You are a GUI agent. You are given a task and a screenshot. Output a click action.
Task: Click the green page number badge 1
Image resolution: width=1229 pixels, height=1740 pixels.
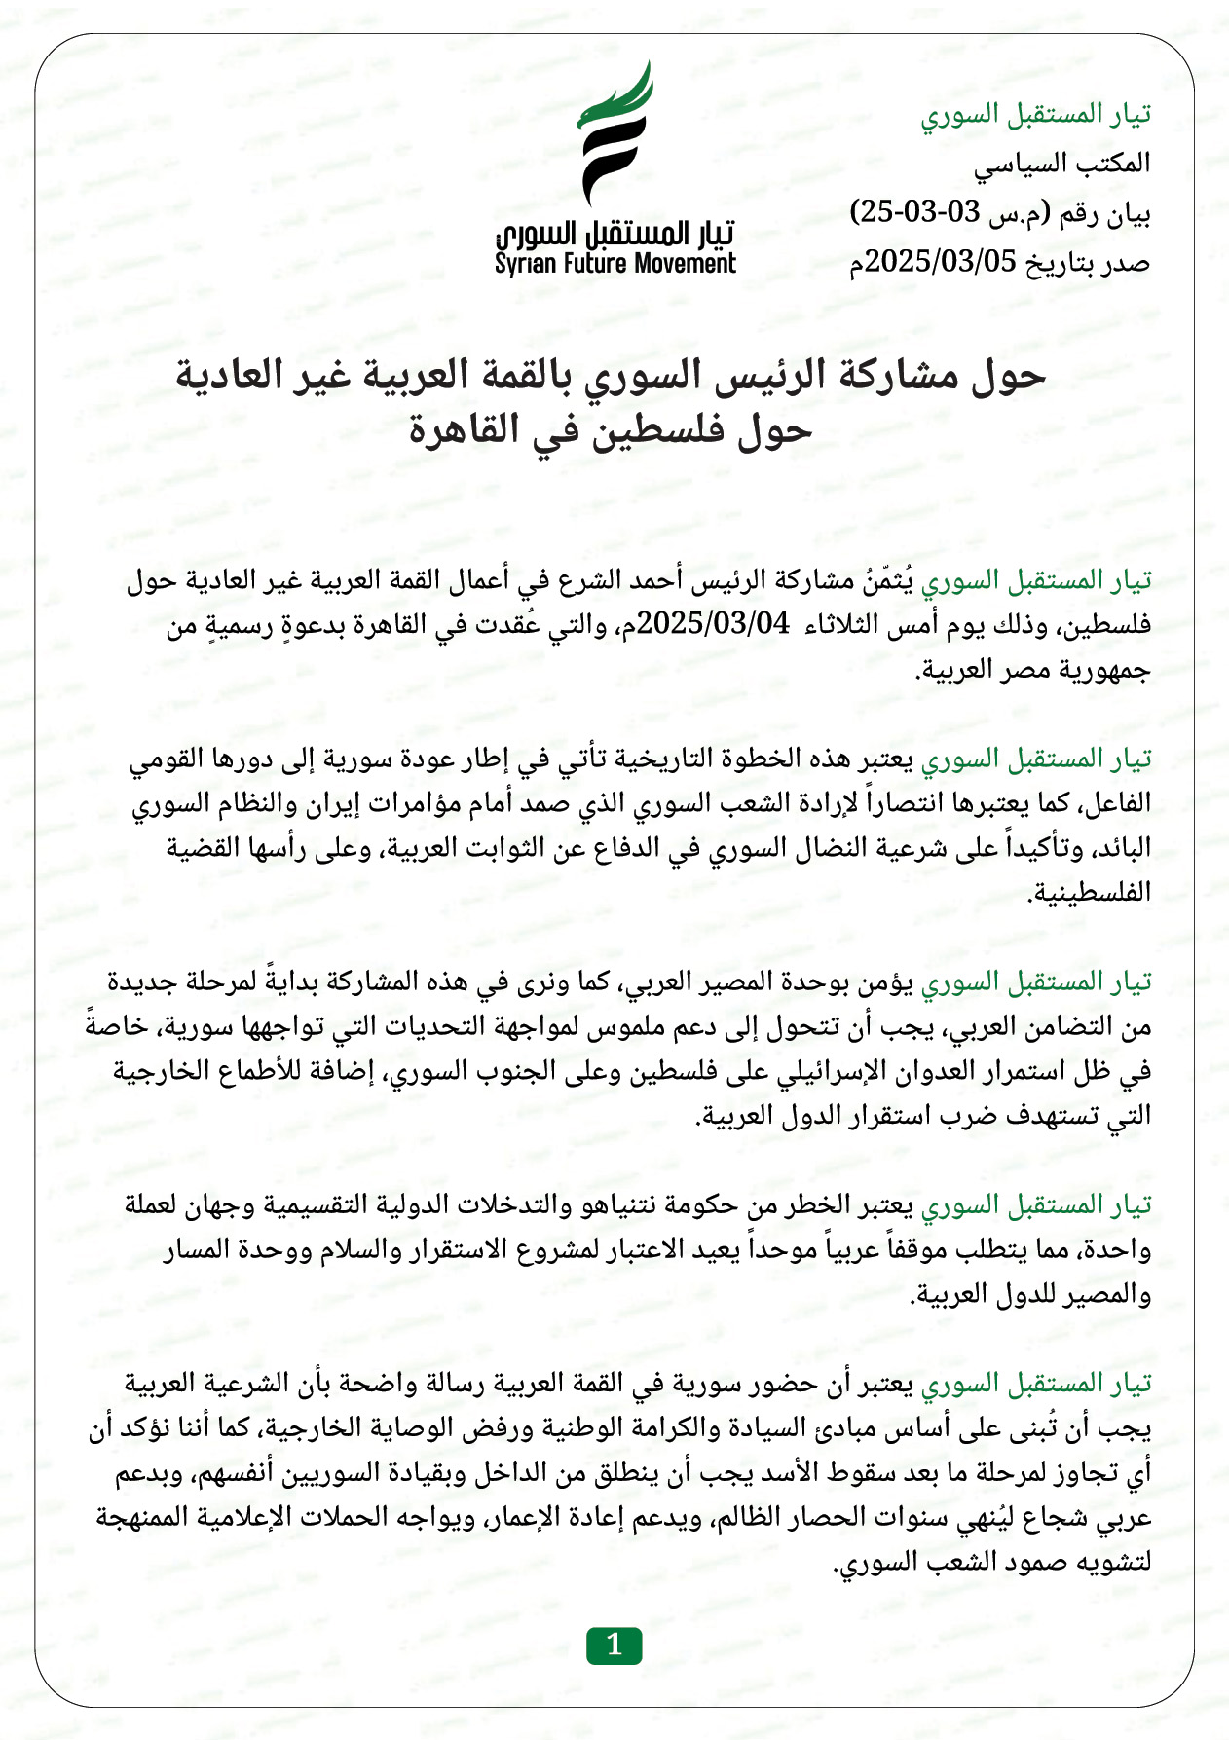click(x=614, y=1645)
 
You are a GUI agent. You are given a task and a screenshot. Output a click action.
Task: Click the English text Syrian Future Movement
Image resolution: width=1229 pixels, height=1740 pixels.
click(x=614, y=264)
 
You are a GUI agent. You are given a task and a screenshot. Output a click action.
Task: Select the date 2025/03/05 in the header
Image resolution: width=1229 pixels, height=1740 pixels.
click(x=941, y=261)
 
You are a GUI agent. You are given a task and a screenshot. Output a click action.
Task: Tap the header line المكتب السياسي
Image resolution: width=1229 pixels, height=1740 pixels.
click(x=1061, y=164)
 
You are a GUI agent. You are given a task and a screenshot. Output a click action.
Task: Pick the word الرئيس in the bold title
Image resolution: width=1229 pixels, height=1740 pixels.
click(x=764, y=376)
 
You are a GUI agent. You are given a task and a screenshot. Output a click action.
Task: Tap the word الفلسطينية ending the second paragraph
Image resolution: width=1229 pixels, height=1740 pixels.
click(x=1092, y=892)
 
